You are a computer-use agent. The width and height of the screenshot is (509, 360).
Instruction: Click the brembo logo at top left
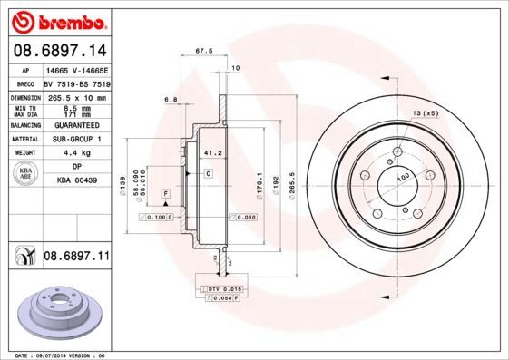point(57,19)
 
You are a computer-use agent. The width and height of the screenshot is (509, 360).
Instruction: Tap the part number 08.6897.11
point(76,257)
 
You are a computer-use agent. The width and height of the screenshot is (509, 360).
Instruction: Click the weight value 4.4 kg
point(76,153)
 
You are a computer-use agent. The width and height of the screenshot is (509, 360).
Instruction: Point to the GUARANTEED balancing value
point(77,125)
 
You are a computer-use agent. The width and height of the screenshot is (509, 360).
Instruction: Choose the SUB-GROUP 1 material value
point(77,139)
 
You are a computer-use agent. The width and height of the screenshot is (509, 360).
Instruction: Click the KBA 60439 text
point(76,180)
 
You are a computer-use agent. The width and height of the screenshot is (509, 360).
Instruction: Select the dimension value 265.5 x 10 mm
point(77,97)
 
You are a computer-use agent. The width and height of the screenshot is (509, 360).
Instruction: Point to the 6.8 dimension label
point(170,99)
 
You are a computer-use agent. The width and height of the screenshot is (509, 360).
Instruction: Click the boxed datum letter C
point(208,172)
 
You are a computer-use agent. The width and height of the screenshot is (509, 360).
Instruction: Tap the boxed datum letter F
point(167,194)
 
